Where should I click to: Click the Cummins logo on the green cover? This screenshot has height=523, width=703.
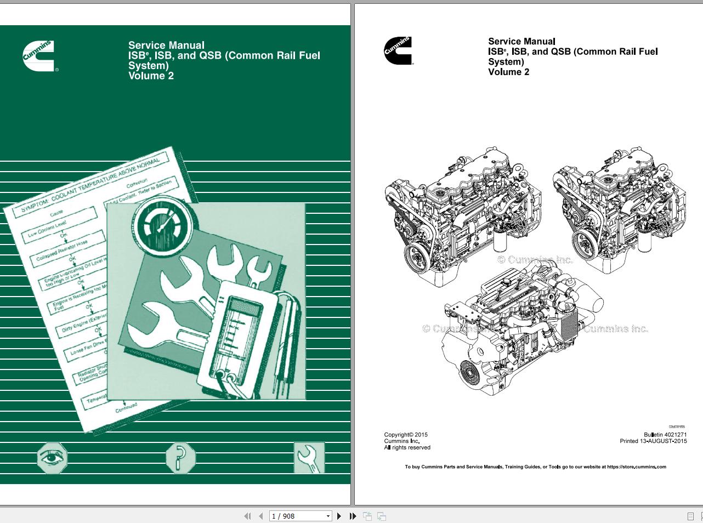click(38, 55)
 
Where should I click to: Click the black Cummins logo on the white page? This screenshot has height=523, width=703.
click(398, 51)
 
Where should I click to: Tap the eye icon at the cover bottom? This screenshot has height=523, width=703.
click(52, 458)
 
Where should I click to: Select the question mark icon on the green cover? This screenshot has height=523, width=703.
click(180, 458)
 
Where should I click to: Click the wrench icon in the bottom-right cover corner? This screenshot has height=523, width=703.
click(309, 458)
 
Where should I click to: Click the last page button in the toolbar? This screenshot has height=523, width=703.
click(353, 516)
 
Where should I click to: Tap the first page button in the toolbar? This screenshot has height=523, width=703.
click(247, 516)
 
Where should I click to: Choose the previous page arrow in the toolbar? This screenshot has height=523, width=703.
click(260, 516)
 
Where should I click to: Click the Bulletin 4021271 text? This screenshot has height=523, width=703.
click(665, 435)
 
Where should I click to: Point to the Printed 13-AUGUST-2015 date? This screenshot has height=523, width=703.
click(653, 441)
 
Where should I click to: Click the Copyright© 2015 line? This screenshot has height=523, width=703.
click(406, 435)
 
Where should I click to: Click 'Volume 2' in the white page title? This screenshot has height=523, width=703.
click(508, 72)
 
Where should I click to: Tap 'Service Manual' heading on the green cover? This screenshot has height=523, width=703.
click(166, 46)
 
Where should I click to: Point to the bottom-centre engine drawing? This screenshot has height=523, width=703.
click(521, 329)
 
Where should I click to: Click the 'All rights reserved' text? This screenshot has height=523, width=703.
click(407, 447)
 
